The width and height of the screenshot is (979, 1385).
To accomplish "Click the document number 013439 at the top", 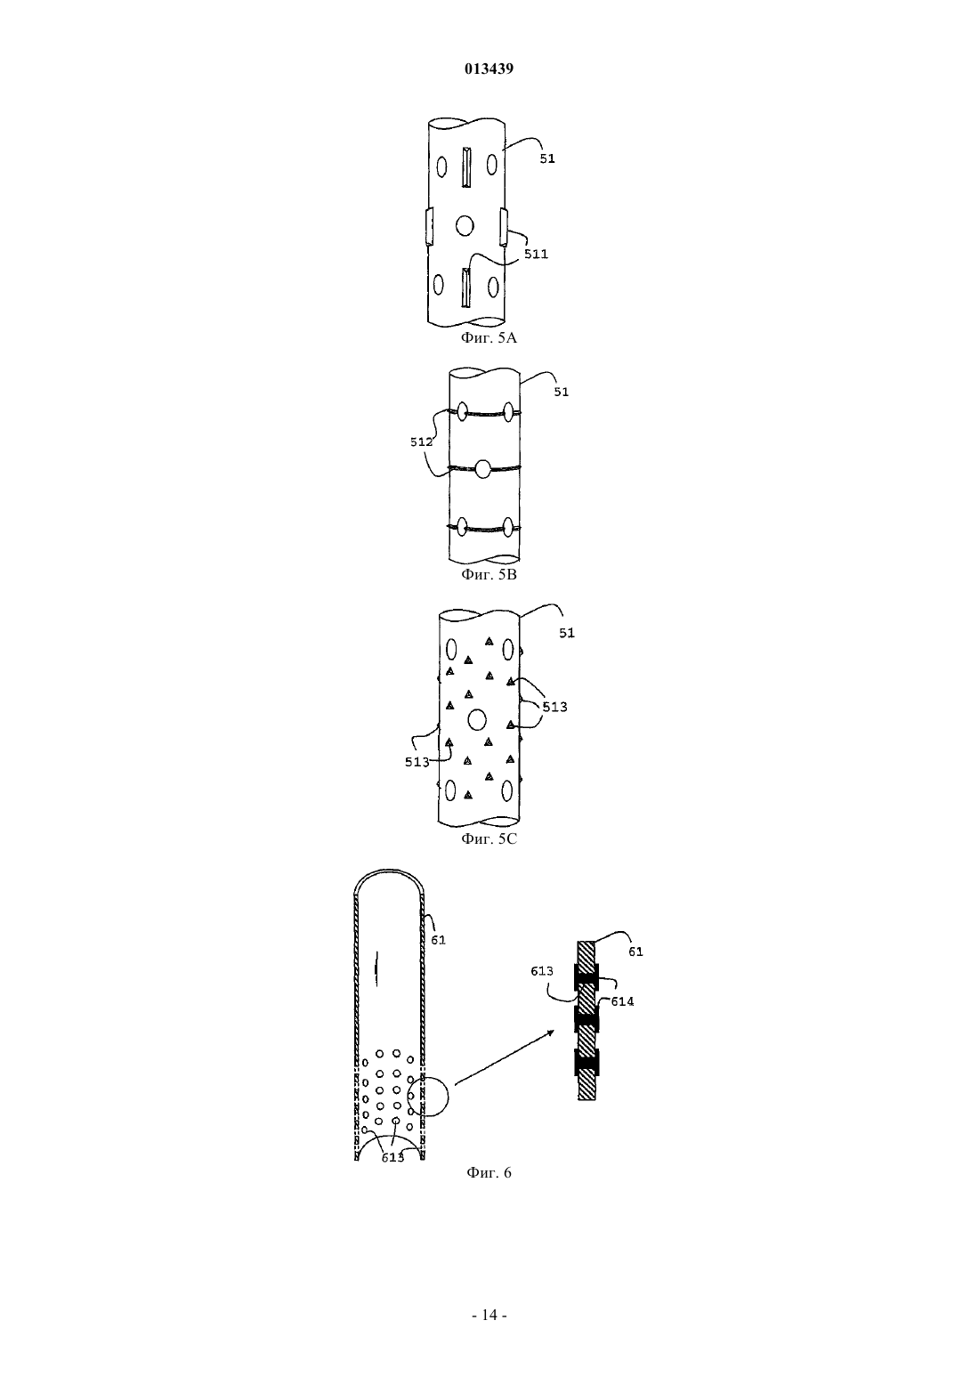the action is point(489,69).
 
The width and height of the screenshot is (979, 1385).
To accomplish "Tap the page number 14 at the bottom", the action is point(489,1315).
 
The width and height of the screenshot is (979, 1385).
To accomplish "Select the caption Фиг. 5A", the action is point(489,337).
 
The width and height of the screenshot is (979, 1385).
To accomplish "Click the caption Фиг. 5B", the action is point(489,574).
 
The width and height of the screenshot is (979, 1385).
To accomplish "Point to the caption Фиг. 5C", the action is point(489,838).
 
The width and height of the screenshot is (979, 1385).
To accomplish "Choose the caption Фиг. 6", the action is point(489,1172).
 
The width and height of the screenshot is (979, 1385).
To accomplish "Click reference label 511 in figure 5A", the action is point(536,254).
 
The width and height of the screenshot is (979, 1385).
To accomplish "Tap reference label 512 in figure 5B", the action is point(422,442).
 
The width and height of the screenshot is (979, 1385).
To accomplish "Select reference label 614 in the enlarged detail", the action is point(622,1001).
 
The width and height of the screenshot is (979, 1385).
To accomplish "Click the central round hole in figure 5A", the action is point(465,226).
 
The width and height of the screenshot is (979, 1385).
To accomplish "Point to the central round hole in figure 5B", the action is point(482,469).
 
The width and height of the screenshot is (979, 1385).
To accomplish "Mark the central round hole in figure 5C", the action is point(476,720).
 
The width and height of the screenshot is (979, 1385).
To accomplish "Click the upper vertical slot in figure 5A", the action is point(466,167).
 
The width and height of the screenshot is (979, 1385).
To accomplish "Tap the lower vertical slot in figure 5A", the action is point(465,288).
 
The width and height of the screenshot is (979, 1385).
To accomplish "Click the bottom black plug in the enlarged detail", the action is point(587,1061).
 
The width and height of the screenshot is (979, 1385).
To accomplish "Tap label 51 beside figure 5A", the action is point(547,159).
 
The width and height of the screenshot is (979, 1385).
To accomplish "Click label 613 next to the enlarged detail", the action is point(541,971).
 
